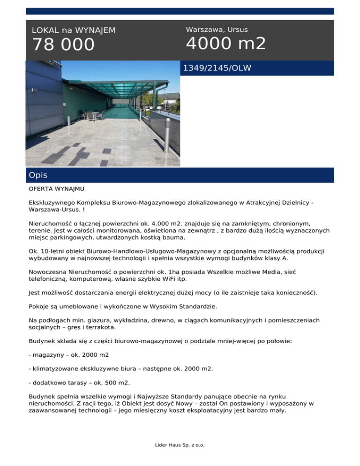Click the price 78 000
(x=63, y=45)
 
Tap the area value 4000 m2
(x=226, y=44)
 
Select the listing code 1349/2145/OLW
(x=217, y=68)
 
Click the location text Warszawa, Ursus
(x=217, y=30)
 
